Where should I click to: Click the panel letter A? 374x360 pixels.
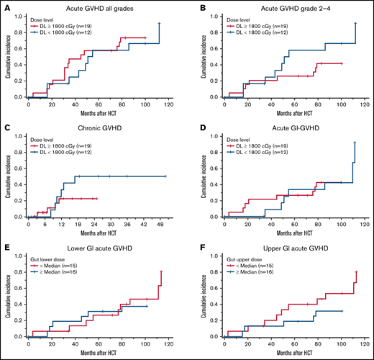point(6,7)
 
